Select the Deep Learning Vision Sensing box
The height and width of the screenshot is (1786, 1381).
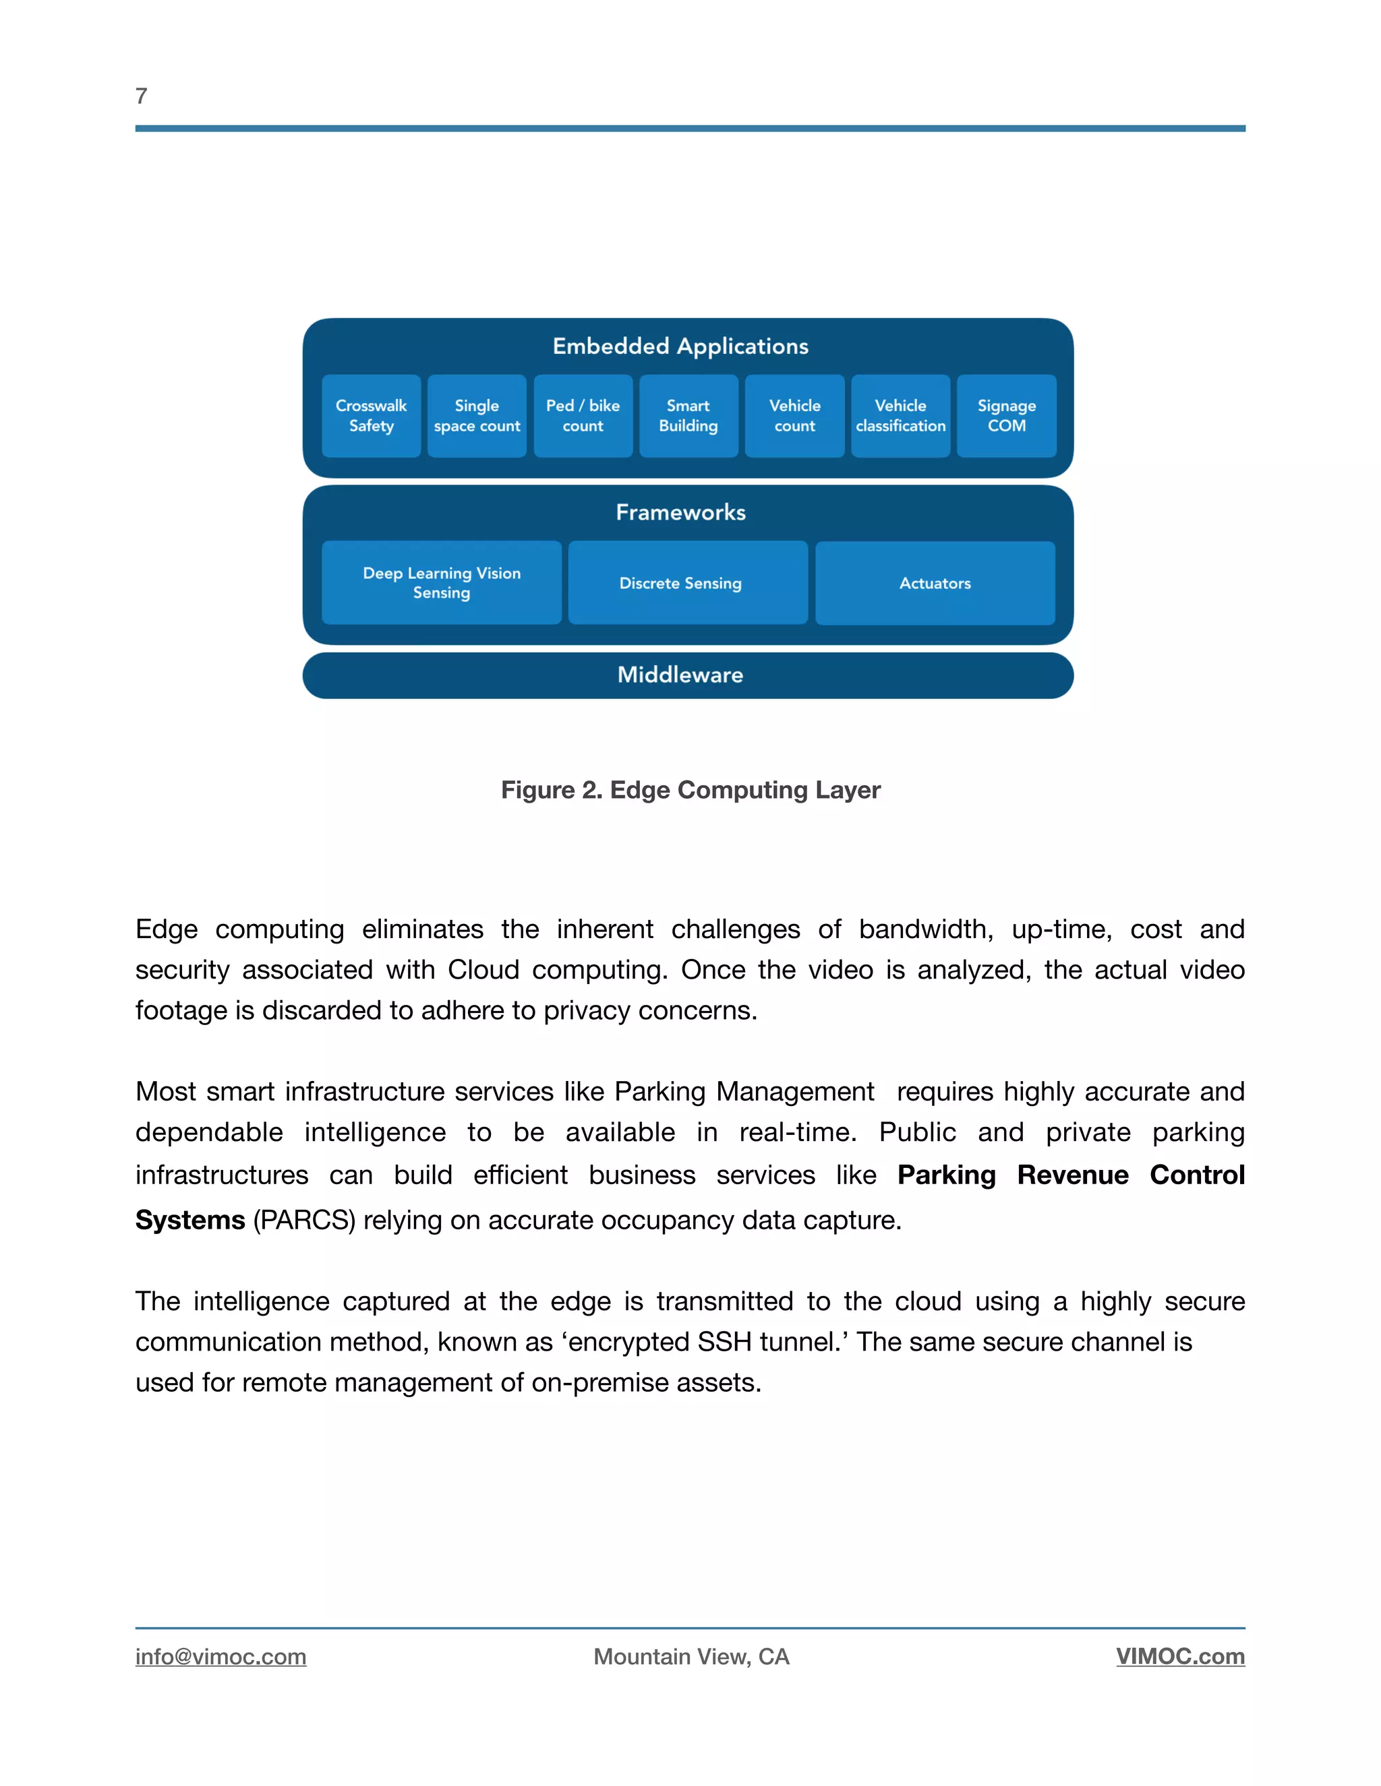441,582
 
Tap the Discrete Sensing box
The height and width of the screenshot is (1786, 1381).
687,582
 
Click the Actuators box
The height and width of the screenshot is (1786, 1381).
935,582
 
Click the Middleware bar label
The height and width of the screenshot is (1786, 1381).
680,675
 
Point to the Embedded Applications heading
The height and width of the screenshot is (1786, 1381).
680,346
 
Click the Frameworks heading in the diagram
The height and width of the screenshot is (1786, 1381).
680,512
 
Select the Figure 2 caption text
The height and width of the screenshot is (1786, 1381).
690,789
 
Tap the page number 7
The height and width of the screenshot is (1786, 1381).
142,96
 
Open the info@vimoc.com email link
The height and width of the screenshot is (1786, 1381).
221,1656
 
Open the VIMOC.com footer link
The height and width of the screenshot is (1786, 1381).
1180,1656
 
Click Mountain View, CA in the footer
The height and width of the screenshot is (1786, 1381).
691,1656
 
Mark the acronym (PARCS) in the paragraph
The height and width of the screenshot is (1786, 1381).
303,1219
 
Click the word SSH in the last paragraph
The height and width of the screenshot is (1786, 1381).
724,1342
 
